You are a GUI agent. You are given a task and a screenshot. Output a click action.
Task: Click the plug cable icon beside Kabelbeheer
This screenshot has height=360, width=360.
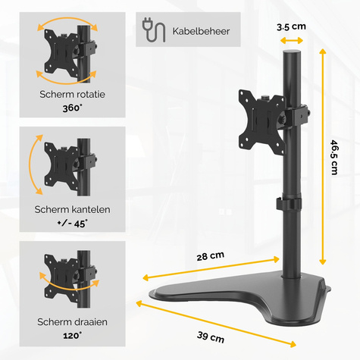tap(152, 30)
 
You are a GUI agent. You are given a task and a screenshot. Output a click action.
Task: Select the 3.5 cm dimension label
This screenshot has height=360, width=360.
tap(291, 27)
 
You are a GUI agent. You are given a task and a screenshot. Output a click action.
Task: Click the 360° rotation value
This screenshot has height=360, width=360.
tap(73, 108)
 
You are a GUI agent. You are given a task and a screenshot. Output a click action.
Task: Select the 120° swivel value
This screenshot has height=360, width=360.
tap(73, 335)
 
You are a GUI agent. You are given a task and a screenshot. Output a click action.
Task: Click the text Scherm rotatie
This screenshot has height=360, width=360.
tap(73, 95)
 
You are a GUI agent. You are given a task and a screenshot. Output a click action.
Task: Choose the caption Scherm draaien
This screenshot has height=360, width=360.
tap(73, 322)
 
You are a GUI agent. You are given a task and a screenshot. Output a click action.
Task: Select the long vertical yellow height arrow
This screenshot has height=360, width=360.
tap(324, 159)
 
